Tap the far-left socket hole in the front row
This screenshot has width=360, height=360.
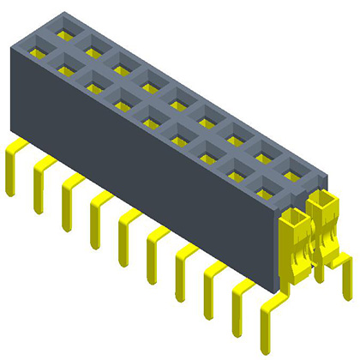(x=39, y=54)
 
